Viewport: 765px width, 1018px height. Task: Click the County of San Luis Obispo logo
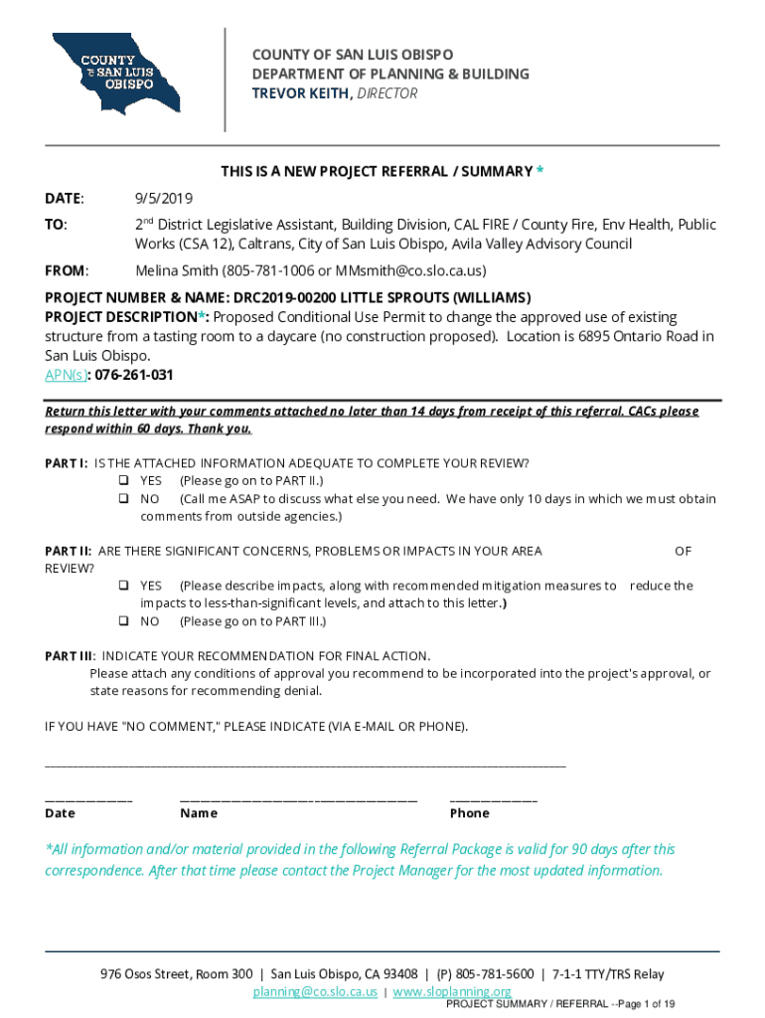116,74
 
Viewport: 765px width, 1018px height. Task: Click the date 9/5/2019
164,199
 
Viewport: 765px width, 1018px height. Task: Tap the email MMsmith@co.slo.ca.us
415,270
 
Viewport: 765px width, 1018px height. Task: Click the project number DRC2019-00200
295,297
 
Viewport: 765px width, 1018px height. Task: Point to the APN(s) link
65,375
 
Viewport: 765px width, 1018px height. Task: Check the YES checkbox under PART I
124,481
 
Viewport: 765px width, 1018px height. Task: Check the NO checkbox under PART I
124,499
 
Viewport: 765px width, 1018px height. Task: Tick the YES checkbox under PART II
124,587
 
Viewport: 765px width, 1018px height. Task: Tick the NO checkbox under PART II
124,622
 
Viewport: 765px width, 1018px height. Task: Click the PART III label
69,656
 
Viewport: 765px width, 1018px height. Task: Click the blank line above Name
298,799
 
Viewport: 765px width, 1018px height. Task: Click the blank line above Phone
493,799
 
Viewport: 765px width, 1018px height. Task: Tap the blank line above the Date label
88,799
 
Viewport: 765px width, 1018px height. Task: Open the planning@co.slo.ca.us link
315,992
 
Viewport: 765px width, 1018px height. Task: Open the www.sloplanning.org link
452,992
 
